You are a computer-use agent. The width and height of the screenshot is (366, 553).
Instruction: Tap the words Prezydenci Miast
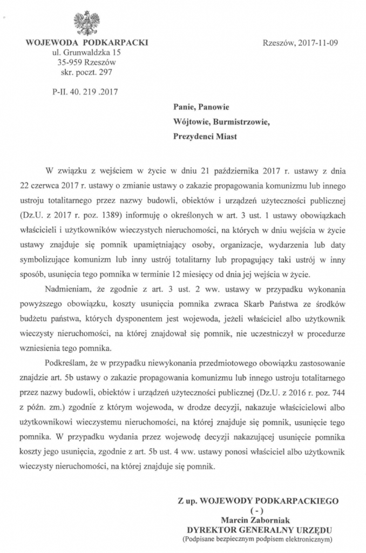[x=205, y=136]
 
